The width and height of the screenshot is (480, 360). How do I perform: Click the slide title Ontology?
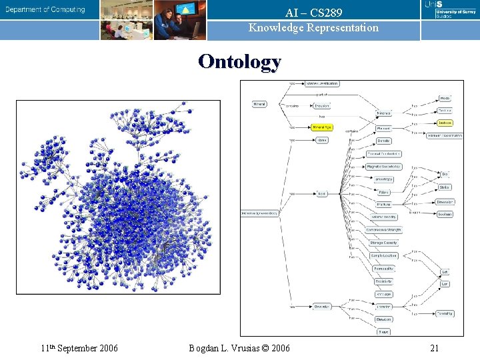[239, 61]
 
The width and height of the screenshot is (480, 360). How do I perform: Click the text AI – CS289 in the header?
[313, 13]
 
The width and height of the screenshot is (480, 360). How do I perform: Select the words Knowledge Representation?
[313, 28]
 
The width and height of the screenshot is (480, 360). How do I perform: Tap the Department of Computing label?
[46, 9]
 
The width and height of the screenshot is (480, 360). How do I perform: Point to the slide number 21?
[434, 348]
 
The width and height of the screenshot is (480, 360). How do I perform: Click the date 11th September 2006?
[79, 348]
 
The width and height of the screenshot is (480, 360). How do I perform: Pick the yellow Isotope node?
[445, 123]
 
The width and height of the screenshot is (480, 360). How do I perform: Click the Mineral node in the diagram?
[260, 104]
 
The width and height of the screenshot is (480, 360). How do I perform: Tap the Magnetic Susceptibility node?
[383, 167]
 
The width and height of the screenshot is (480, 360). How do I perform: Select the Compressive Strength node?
[383, 230]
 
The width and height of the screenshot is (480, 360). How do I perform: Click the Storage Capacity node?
[383, 243]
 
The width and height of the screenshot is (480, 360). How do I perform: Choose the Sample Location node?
[383, 255]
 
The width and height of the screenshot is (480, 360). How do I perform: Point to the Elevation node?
[383, 319]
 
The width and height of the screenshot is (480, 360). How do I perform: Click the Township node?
[445, 313]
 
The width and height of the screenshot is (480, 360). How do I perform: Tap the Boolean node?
[445, 214]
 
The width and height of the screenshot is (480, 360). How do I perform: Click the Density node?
[383, 141]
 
